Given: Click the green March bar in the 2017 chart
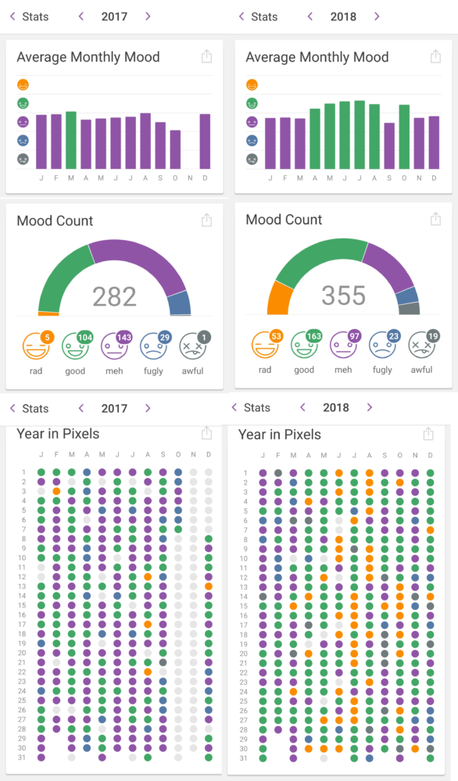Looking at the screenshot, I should point(71,141).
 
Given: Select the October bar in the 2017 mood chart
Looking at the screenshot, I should point(175,149).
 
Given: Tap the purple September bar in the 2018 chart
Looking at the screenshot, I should point(389,146).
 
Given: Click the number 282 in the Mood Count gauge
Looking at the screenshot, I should point(115,297).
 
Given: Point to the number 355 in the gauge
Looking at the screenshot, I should point(343,296).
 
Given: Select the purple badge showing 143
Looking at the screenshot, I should point(123,337).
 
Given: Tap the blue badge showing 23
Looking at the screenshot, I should point(394,335).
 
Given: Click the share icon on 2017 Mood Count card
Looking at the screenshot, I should point(206,220).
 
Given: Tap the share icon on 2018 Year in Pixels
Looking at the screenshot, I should point(428,434).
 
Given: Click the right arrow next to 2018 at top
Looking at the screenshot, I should point(377,16).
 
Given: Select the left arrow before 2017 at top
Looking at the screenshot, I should point(80,16).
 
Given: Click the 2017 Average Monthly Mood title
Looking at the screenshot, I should point(88,57).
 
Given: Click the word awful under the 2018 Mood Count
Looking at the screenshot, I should point(421,370).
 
